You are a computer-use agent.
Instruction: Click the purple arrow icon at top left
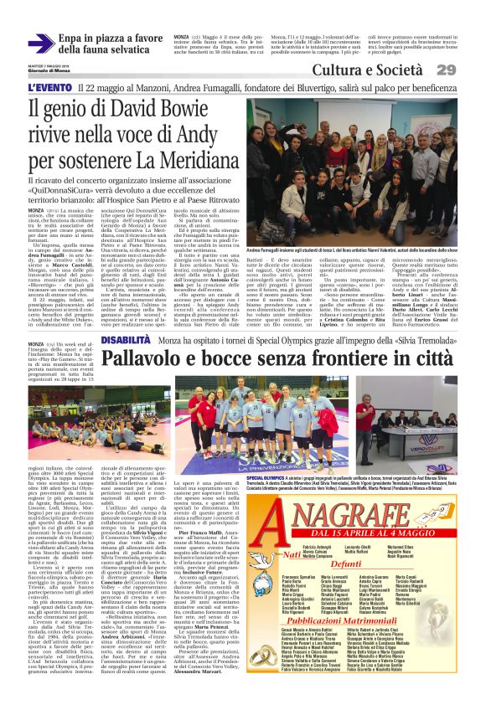click(42, 44)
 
